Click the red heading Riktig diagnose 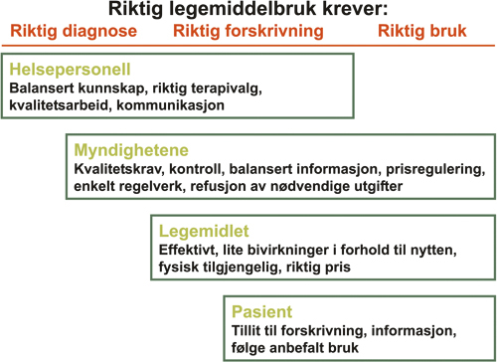click(75, 31)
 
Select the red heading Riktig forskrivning click(248, 31)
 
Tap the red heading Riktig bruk click(422, 31)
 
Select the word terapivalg click(225, 88)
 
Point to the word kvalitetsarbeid click(59, 103)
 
